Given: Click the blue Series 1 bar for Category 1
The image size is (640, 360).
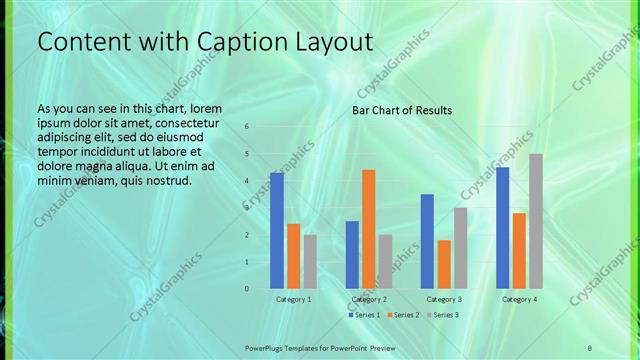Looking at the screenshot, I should click(x=277, y=231).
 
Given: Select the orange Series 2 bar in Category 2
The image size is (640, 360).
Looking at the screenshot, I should click(x=369, y=229).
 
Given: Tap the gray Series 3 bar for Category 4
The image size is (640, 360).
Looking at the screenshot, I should click(x=536, y=221).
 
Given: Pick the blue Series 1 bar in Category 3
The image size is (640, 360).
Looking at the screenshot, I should click(x=427, y=241).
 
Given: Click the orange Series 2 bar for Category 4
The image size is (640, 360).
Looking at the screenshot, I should click(x=519, y=251).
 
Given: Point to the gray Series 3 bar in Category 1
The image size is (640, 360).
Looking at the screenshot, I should click(x=310, y=262).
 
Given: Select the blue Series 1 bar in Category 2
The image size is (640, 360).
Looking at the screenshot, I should click(x=352, y=255).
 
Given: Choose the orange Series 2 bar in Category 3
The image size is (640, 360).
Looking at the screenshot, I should click(x=444, y=264).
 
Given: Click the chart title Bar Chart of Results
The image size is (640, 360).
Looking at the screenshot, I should click(x=402, y=110).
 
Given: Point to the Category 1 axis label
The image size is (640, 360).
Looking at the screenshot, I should click(x=294, y=299).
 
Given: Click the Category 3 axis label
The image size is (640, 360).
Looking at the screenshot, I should click(x=444, y=299).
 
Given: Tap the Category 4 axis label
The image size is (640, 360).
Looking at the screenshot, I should click(x=519, y=299).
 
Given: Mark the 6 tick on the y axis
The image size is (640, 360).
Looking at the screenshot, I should click(x=247, y=127).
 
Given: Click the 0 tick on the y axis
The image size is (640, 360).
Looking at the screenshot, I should click(x=247, y=289).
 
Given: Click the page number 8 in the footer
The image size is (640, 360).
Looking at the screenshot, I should click(x=590, y=347).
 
